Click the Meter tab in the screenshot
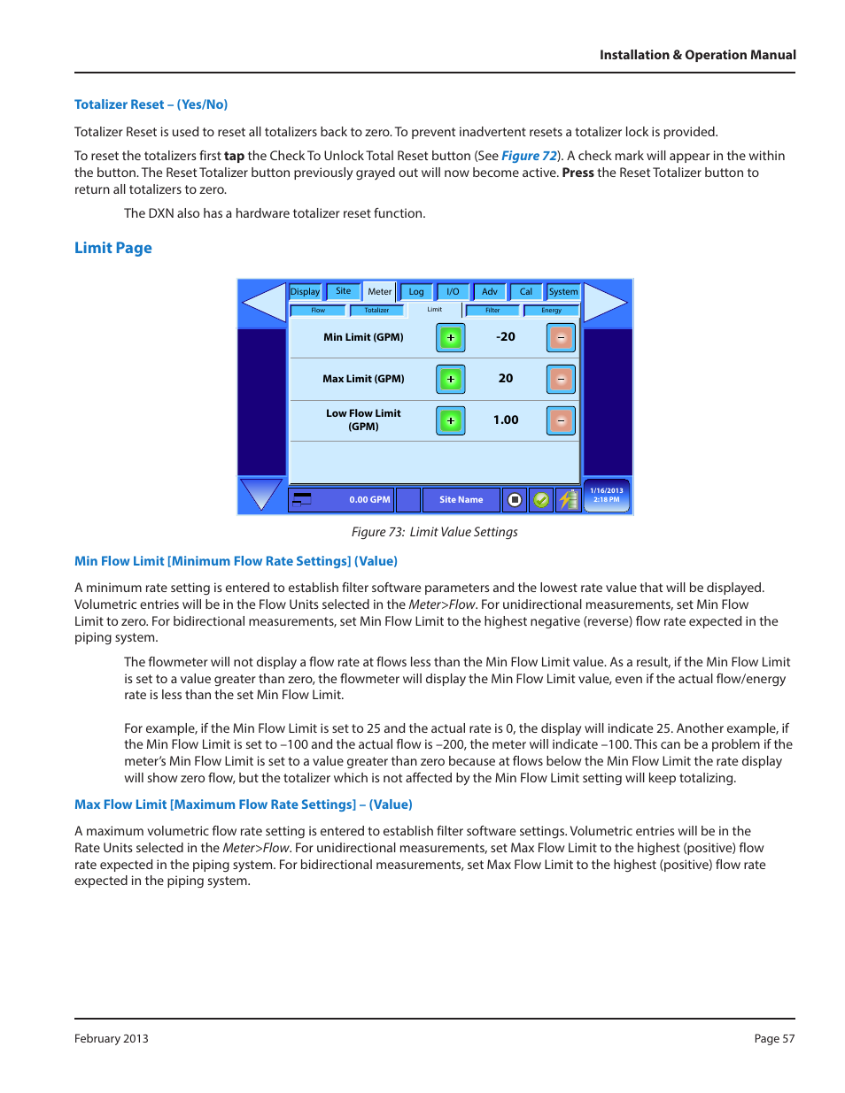coord(379,291)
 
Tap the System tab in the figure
coord(562,291)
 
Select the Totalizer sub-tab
coord(376,311)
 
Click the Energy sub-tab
coord(551,311)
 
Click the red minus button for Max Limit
coord(561,379)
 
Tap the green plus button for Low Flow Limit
coord(451,420)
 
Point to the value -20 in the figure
coord(506,336)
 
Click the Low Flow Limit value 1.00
coord(506,419)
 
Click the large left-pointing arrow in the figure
coord(263,303)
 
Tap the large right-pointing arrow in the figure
coord(606,303)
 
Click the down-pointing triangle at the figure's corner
coord(260,493)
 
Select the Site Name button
coord(461,500)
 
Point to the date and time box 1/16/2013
coord(607,495)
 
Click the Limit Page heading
coord(113,248)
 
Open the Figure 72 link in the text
coord(529,156)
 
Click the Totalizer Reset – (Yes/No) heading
coord(151,104)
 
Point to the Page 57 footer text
coord(774,1038)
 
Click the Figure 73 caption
coord(434,532)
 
